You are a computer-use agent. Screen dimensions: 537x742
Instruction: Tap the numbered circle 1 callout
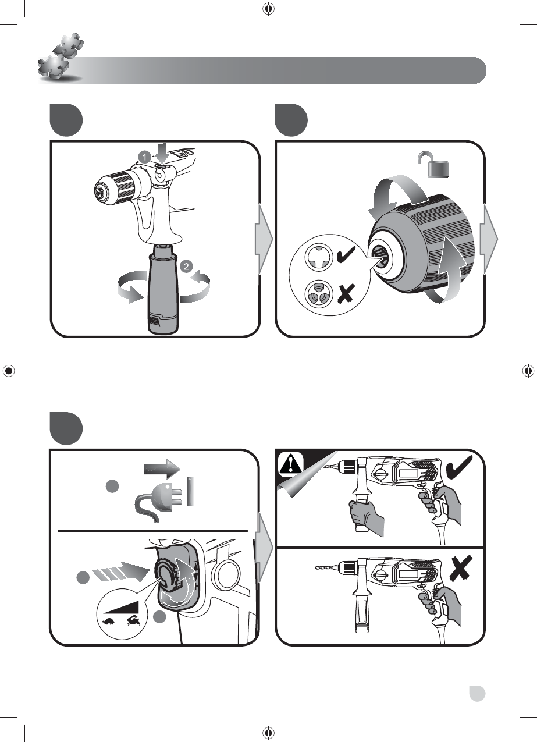[145, 157]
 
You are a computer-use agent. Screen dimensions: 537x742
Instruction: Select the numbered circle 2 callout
[186, 266]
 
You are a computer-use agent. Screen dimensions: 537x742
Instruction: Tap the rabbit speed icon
[134, 620]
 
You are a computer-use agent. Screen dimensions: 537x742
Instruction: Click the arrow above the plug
[162, 469]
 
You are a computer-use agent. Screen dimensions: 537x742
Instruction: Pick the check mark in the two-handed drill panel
[459, 467]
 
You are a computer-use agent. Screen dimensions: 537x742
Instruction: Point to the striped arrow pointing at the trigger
[120, 573]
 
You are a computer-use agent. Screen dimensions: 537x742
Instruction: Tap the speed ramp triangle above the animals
[121, 606]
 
